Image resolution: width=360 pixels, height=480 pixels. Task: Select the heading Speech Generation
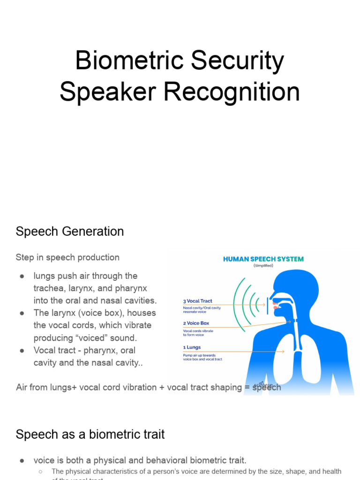tap(70, 232)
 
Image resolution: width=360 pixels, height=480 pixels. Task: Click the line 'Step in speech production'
tap(67, 257)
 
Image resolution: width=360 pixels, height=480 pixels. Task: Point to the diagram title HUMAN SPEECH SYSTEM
tap(263, 259)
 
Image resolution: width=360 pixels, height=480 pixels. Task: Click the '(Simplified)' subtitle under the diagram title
tap(263, 265)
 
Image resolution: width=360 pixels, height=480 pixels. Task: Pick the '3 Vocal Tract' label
tap(197, 301)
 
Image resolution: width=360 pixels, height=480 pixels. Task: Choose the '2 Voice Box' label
tap(196, 323)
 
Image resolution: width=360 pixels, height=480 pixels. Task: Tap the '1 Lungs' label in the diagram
tap(192, 347)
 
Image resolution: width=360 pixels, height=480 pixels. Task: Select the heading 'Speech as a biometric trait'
tap(90, 435)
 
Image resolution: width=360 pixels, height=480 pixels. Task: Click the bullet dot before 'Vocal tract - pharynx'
tap(22, 350)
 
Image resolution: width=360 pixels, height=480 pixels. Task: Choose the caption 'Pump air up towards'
tap(200, 355)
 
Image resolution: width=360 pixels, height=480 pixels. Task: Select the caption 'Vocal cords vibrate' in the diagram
tap(198, 331)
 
